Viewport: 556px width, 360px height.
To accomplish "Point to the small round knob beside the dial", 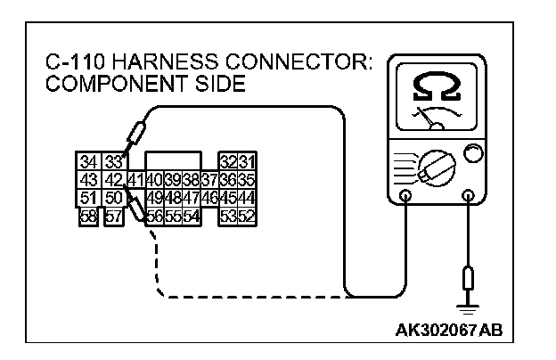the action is pyautogui.click(x=472, y=153).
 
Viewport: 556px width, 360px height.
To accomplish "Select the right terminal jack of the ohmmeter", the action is pyautogui.click(x=466, y=196).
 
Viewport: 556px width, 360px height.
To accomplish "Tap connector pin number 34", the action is pyautogui.click(x=89, y=162).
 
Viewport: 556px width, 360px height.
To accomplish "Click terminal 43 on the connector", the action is pyautogui.click(x=89, y=180).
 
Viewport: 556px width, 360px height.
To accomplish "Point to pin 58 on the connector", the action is pyautogui.click(x=89, y=215).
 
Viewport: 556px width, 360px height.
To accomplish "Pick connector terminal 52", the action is pyautogui.click(x=245, y=215).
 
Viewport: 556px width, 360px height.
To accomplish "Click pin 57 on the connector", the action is pyautogui.click(x=114, y=215).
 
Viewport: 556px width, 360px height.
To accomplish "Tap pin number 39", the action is pyautogui.click(x=172, y=180).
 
